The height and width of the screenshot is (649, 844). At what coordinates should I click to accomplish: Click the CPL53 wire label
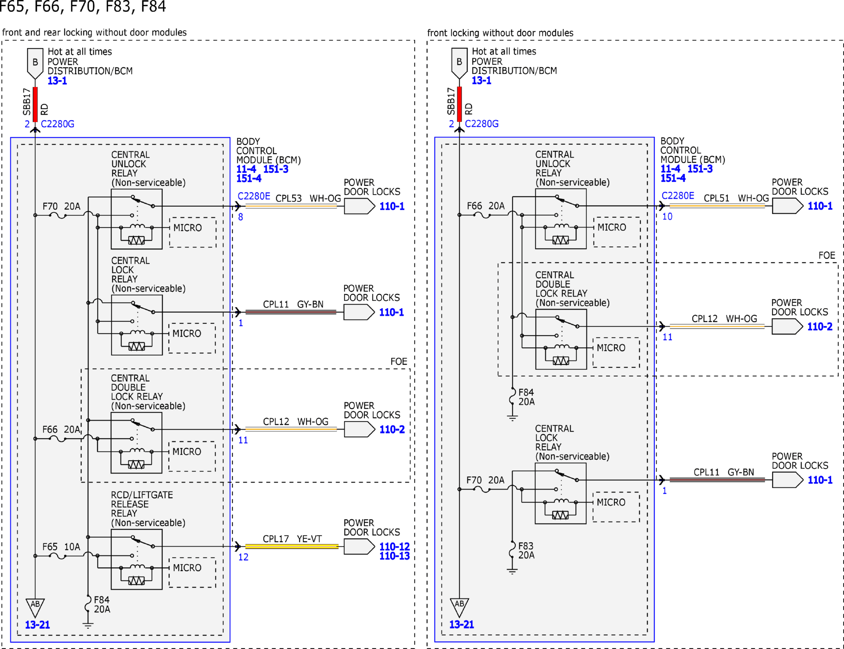click(x=288, y=198)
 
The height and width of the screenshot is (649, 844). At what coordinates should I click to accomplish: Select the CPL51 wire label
click(x=716, y=198)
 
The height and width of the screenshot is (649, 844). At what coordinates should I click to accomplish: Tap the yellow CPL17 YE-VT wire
click(x=292, y=546)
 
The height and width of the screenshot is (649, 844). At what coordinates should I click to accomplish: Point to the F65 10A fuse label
click(x=61, y=547)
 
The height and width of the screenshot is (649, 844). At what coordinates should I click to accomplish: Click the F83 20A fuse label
click(x=526, y=550)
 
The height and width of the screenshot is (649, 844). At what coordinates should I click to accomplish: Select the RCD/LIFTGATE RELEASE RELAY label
click(x=142, y=504)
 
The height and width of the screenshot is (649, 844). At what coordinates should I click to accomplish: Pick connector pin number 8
click(x=241, y=217)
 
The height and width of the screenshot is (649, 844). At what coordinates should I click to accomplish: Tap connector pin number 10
click(x=667, y=217)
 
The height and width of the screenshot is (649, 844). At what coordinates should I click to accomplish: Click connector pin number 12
click(x=243, y=557)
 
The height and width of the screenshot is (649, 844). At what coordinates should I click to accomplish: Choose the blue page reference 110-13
click(x=394, y=556)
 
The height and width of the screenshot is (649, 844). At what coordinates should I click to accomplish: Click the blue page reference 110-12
click(x=394, y=546)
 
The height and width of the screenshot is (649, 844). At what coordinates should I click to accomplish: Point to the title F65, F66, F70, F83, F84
click(x=83, y=7)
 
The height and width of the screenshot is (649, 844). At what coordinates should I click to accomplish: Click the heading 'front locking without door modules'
click(x=500, y=33)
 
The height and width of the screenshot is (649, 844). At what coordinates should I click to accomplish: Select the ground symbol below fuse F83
click(x=512, y=571)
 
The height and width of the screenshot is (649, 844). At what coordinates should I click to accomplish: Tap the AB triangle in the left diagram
click(x=35, y=607)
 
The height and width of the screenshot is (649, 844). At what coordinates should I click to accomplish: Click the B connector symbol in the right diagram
click(x=459, y=63)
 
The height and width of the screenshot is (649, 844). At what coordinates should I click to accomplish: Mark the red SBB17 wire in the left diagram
click(x=35, y=104)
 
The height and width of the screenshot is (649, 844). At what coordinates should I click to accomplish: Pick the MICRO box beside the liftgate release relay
click(x=192, y=573)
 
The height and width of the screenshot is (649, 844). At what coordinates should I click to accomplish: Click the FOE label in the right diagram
click(x=827, y=255)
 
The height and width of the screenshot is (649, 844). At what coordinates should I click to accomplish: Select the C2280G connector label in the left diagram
click(x=57, y=124)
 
